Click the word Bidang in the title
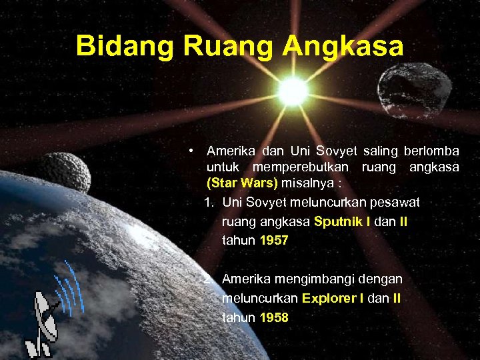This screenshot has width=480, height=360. point(116,46)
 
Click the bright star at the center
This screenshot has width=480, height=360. point(292,91)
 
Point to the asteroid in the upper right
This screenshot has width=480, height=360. point(405,89)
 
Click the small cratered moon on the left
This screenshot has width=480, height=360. point(64,171)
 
